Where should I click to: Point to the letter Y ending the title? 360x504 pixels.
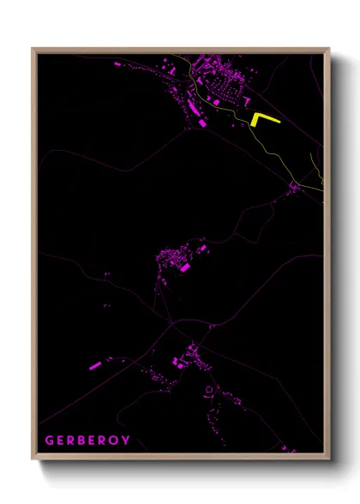click(126, 441)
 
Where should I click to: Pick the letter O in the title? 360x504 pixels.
click(115, 441)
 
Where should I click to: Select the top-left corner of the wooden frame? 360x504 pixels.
click(33, 49)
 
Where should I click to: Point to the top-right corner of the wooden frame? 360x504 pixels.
click(328, 49)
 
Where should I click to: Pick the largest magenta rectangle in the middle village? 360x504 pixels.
click(183, 267)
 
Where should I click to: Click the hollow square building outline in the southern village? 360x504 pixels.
click(208, 392)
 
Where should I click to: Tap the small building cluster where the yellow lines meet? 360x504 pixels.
click(295, 186)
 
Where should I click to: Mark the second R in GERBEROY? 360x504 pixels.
click(104, 441)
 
